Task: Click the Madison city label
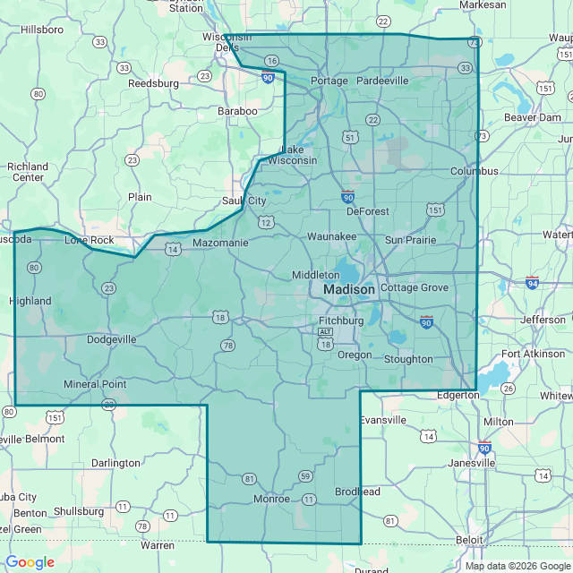(x=348, y=290)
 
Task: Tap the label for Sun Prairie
(x=410, y=240)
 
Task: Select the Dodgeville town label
(x=112, y=340)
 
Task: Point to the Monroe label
(x=271, y=498)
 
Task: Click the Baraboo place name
(x=237, y=111)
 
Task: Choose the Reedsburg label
(x=153, y=83)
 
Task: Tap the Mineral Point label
(x=95, y=384)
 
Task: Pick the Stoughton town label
(x=407, y=359)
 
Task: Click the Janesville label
(x=472, y=463)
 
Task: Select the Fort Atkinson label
(x=535, y=354)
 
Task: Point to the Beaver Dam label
(x=532, y=117)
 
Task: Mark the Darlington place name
(x=115, y=463)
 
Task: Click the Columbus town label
(x=474, y=171)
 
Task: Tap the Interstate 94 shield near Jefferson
(x=533, y=283)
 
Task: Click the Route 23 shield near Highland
(x=109, y=287)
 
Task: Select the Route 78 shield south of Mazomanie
(x=227, y=346)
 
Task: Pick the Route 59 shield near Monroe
(x=305, y=475)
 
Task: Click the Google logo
(x=30, y=562)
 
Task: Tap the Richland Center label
(x=28, y=172)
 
